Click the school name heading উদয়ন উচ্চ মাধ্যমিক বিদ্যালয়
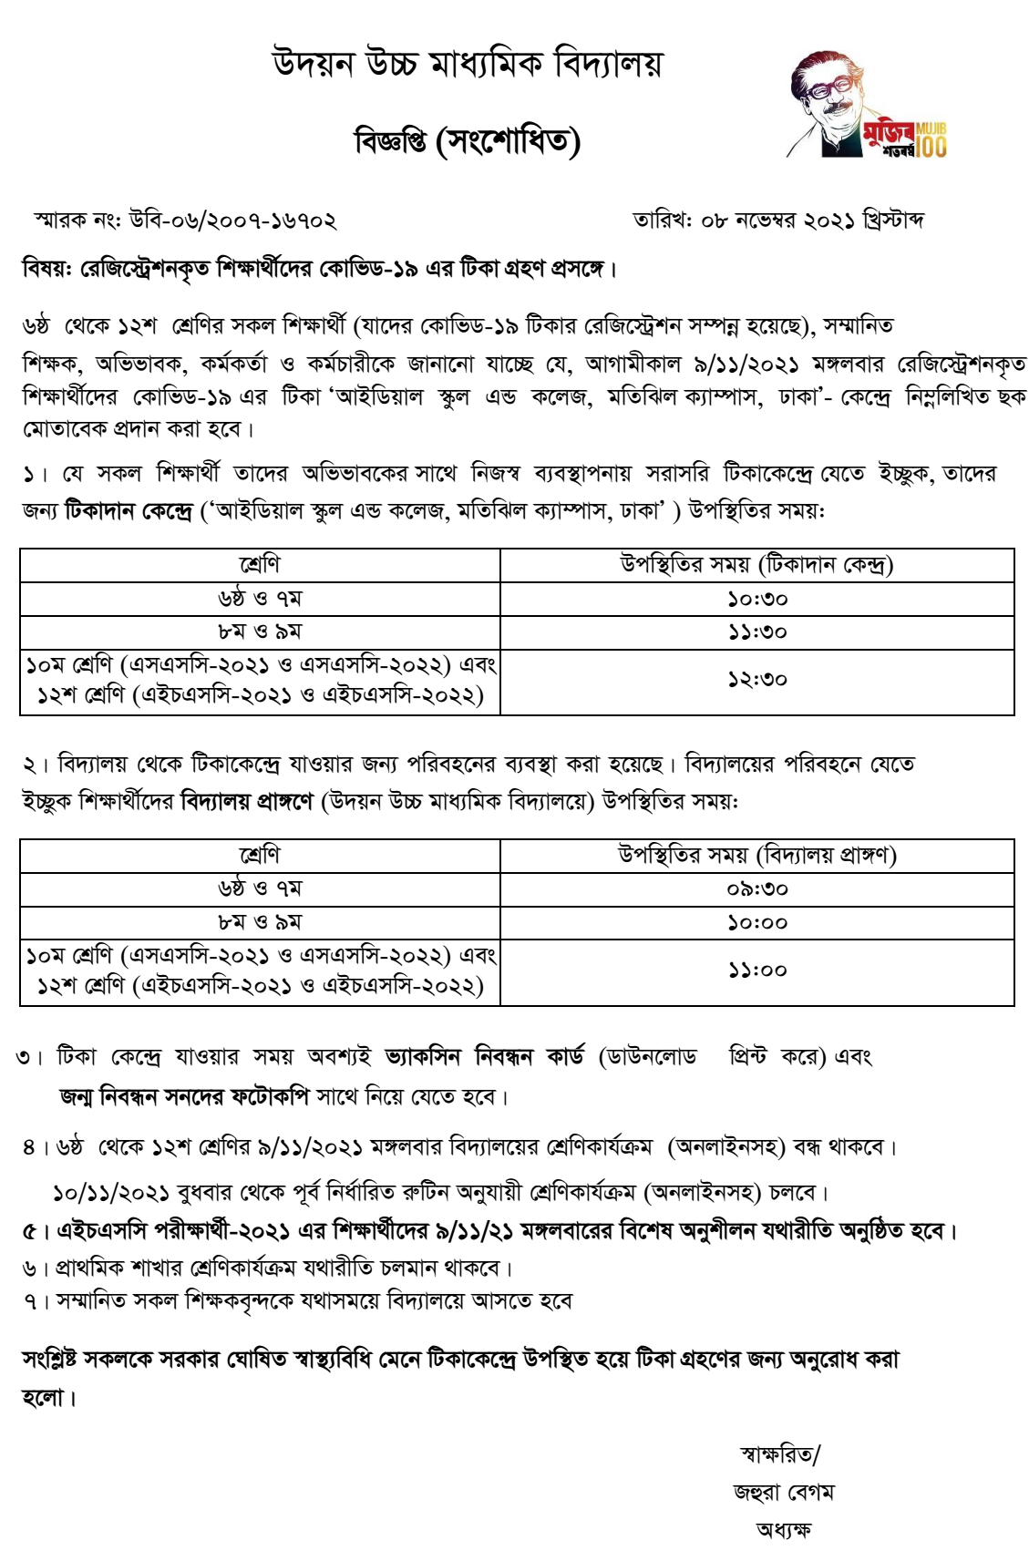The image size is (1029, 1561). pyautogui.click(x=468, y=64)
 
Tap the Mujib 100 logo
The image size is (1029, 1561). pyautogui.click(x=867, y=105)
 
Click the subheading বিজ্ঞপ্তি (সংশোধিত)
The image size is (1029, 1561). pyautogui.click(x=467, y=141)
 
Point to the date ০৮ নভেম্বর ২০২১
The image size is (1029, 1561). pyautogui.click(x=777, y=221)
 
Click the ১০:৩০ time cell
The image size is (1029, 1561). pyautogui.click(x=756, y=599)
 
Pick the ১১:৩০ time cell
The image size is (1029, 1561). pyautogui.click(x=756, y=632)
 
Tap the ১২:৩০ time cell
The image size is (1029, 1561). pyautogui.click(x=756, y=680)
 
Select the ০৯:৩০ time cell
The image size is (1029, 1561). pyautogui.click(x=756, y=888)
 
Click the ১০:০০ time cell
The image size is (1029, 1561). pyautogui.click(x=756, y=922)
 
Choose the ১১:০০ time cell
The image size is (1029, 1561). pyautogui.click(x=756, y=970)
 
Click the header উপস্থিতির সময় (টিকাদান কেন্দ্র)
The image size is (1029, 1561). pyautogui.click(x=756, y=565)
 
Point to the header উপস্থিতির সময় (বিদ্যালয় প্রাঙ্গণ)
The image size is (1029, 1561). pyautogui.click(x=756, y=855)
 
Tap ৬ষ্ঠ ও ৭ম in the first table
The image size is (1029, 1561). pyautogui.click(x=260, y=599)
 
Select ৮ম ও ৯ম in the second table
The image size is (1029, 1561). pyautogui.click(x=260, y=922)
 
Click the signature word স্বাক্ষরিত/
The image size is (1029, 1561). pyautogui.click(x=780, y=1455)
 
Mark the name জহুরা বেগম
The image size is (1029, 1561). pyautogui.click(x=783, y=1493)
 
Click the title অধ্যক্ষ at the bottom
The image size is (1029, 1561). pyautogui.click(x=783, y=1529)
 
